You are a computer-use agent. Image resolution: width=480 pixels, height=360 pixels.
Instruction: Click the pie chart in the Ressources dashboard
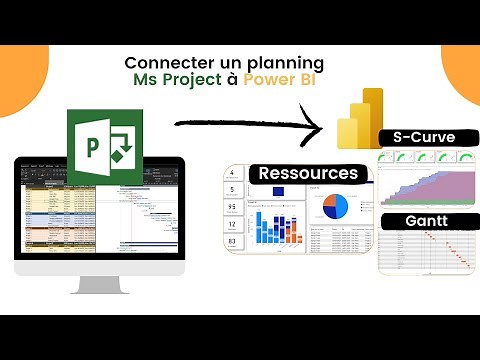coord(336,205)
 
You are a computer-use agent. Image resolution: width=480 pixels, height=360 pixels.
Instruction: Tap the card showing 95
coord(232,208)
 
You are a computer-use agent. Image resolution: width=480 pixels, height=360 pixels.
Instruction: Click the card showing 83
coord(232,242)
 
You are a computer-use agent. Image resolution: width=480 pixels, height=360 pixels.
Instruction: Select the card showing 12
coord(232,225)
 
